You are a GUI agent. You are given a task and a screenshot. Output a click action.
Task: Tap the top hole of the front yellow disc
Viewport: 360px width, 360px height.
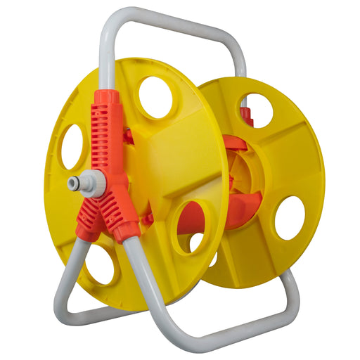155,97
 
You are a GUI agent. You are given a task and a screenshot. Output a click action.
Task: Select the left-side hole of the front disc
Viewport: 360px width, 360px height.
72,146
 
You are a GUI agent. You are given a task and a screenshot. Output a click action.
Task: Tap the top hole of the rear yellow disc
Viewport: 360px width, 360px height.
256,110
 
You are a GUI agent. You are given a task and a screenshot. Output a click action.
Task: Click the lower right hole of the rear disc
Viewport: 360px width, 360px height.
290,218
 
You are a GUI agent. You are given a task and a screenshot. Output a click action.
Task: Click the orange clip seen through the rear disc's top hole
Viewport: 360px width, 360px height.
245,112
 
